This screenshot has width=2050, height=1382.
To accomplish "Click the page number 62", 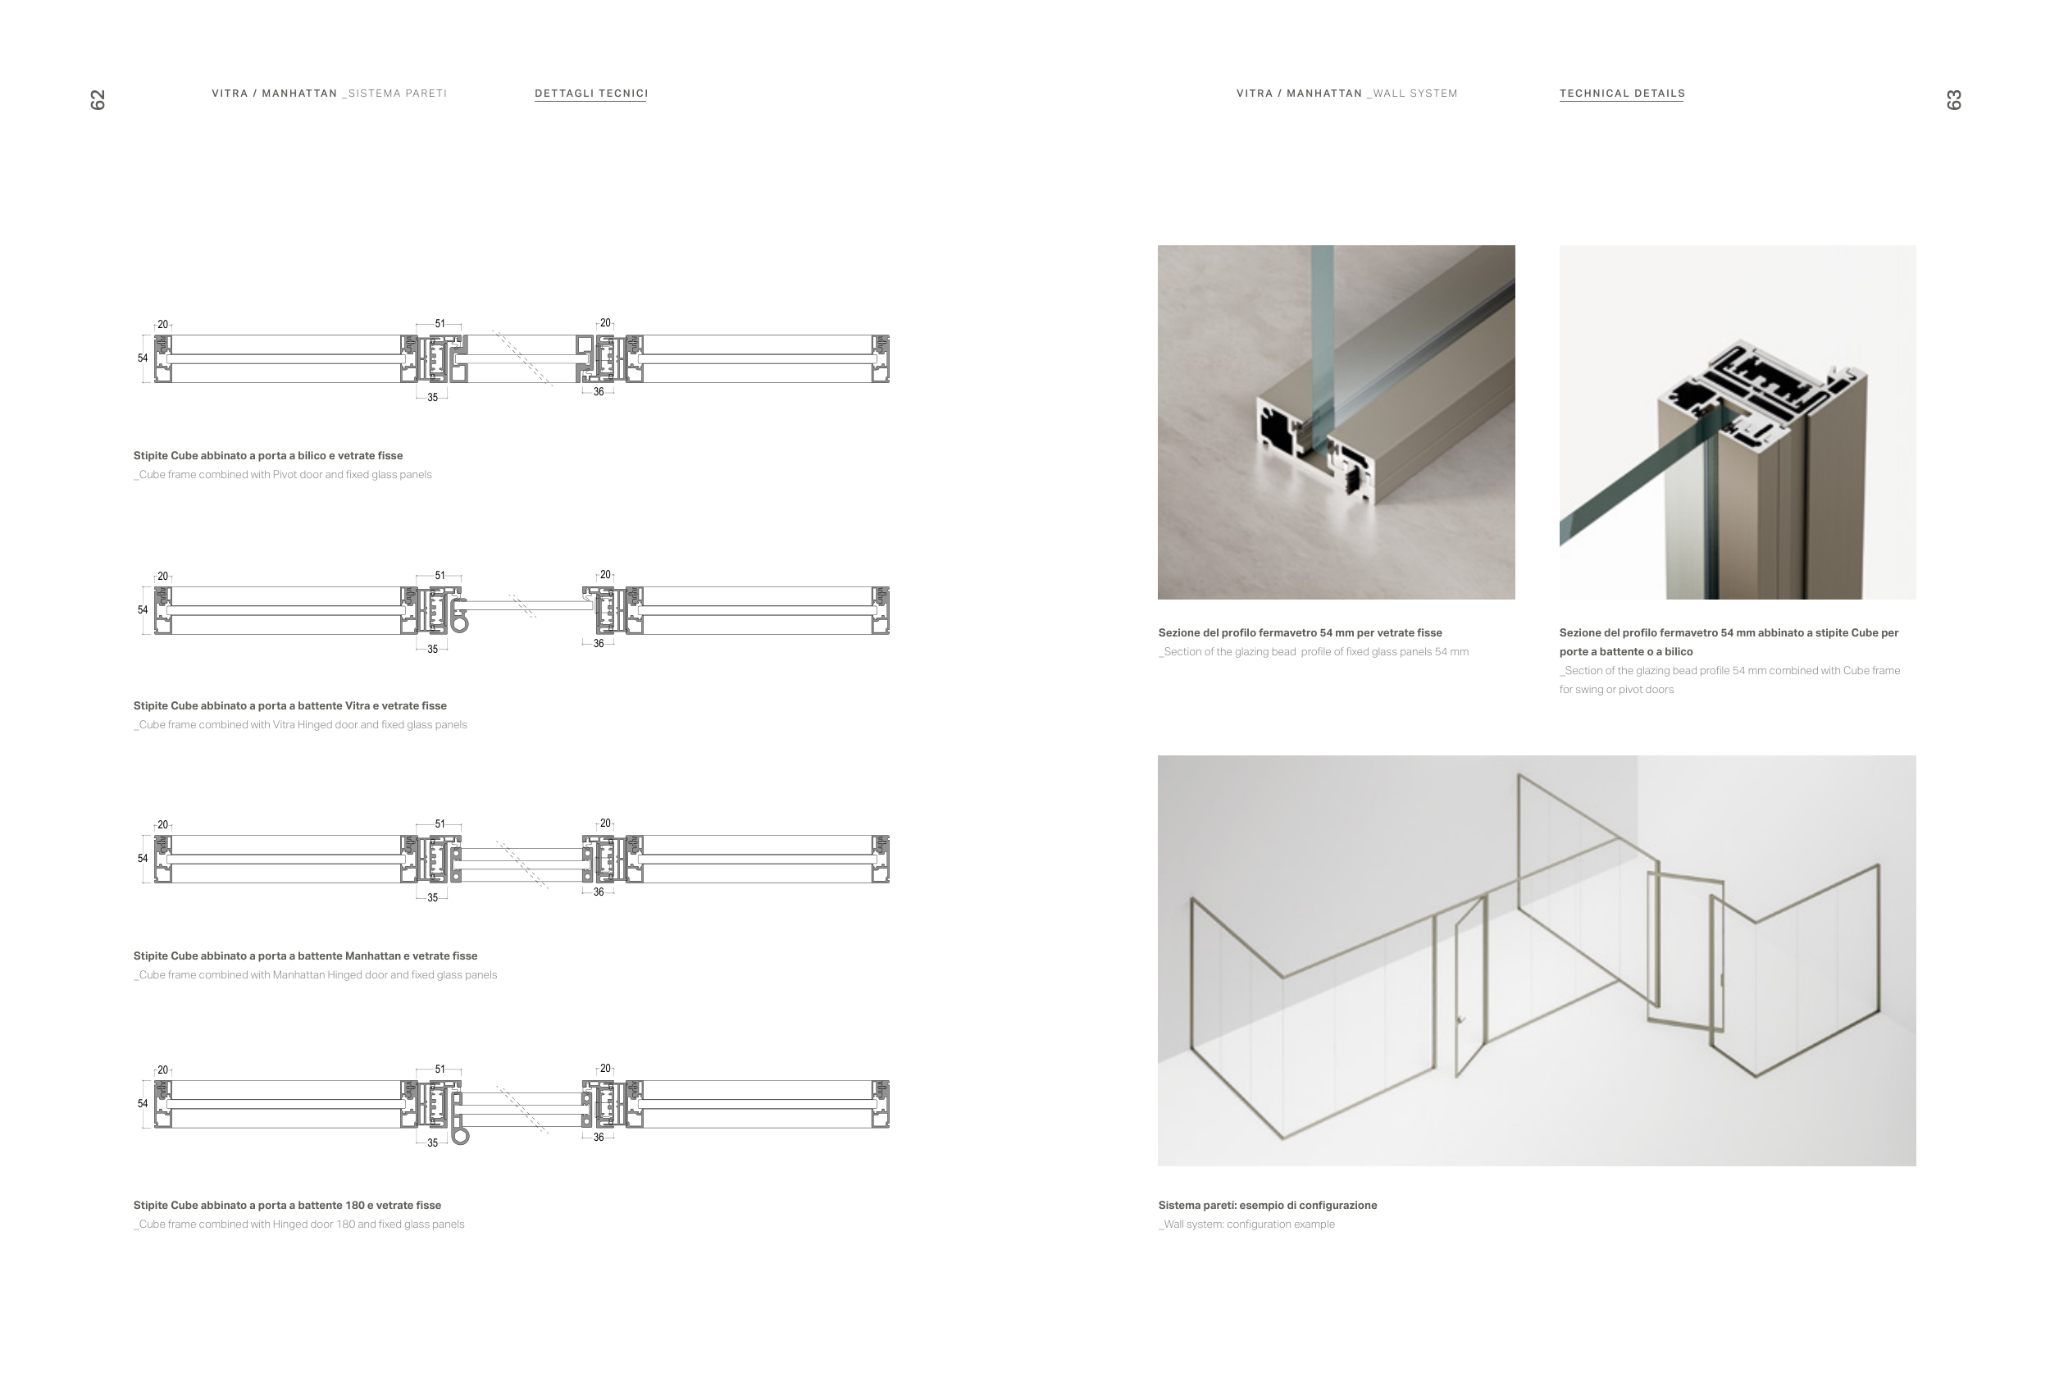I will (x=98, y=99).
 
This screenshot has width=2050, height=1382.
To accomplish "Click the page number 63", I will (x=1953, y=99).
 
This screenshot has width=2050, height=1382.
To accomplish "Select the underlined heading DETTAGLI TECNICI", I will (x=591, y=94).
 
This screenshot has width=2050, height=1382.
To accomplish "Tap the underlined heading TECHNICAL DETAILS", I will (x=1622, y=94).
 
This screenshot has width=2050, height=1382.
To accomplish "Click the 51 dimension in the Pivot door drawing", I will (x=440, y=323).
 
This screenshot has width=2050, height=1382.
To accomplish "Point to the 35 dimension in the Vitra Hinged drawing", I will (x=433, y=650).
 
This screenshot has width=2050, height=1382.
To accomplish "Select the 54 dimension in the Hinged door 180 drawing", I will (x=143, y=1103).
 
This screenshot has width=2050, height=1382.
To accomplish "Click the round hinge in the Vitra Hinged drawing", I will (x=459, y=624).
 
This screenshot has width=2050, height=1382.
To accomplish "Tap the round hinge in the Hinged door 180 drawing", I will (x=460, y=1136).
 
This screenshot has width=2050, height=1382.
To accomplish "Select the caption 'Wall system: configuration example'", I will (x=1248, y=1225).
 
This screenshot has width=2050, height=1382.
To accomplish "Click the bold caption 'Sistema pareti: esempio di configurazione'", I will (x=1267, y=1206).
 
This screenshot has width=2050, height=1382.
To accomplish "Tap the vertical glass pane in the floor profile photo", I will (x=1320, y=335).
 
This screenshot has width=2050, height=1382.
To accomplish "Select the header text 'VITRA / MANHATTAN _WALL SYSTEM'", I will (x=1346, y=94).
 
